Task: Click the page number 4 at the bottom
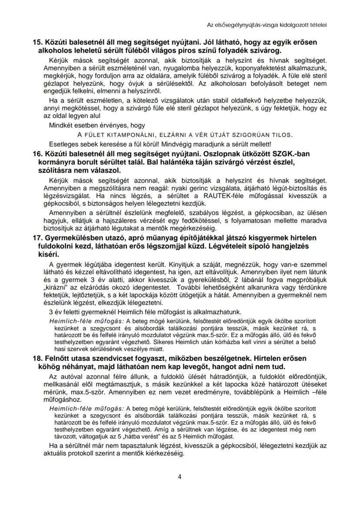coord(180,476)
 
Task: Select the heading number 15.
coord(38,42)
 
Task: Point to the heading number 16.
coord(38,154)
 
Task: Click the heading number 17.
coord(38,238)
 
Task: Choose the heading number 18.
coord(38,358)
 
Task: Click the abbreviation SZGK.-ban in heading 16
coord(293,154)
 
